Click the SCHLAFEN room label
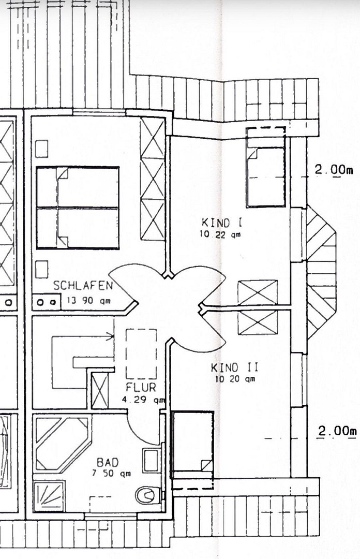[83, 285]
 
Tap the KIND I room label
[222, 223]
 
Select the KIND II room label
[234, 367]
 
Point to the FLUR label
[141, 387]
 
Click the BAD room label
[108, 463]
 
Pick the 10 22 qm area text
[220, 234]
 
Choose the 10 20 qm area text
[235, 378]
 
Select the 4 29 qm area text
[143, 400]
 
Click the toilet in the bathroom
[147, 495]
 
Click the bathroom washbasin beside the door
[152, 460]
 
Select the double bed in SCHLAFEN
[78, 208]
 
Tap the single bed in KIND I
[266, 167]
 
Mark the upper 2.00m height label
[334, 170]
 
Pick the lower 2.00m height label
[337, 431]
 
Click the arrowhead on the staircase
[111, 335]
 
